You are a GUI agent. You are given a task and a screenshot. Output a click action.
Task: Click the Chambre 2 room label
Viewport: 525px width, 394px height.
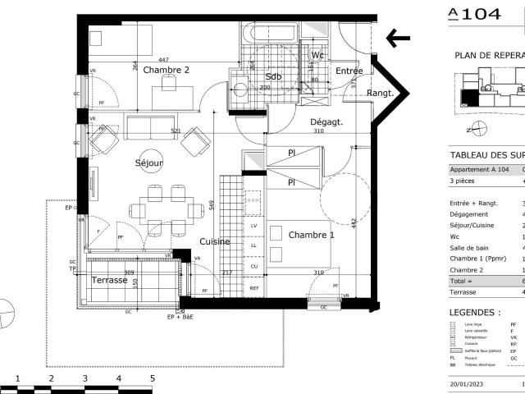pos(167,71)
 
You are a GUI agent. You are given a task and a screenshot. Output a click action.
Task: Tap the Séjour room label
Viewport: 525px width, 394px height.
pos(149,163)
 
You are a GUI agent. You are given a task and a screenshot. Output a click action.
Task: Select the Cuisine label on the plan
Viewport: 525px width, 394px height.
pos(214,242)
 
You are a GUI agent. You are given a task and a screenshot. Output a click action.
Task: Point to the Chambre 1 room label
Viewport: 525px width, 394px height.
pos(312,235)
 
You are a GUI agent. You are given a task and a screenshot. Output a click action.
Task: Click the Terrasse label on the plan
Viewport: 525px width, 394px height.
pos(110,280)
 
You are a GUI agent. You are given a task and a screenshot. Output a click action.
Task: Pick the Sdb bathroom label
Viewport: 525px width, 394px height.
pos(273,76)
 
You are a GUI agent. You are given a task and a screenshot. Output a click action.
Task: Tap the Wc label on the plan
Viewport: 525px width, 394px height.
pos(318,55)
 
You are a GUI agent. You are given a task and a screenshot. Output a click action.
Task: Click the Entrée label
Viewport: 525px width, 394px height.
pos(349,71)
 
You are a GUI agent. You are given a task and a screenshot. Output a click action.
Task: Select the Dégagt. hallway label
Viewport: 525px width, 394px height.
pos(326,122)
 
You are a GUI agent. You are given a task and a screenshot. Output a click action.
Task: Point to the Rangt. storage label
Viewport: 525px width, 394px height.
pos(380,93)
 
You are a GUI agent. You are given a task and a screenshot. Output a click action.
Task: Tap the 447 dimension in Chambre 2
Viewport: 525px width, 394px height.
pos(163,60)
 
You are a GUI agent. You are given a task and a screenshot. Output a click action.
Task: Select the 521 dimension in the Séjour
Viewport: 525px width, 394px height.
pos(176,131)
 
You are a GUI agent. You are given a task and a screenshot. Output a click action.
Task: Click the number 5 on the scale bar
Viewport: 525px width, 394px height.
pos(152,379)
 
